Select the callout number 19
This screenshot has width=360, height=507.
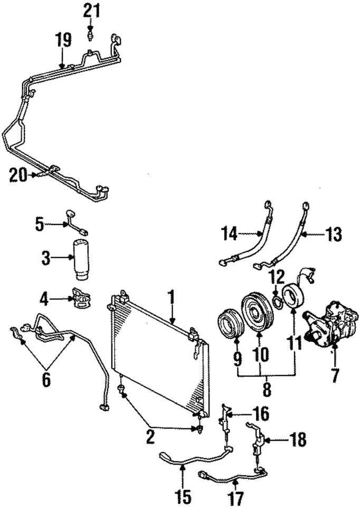coord(63,40)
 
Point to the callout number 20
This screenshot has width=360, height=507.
coord(19,175)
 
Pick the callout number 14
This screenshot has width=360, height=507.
coord(230,233)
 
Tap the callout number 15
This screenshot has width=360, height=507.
coord(183,497)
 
